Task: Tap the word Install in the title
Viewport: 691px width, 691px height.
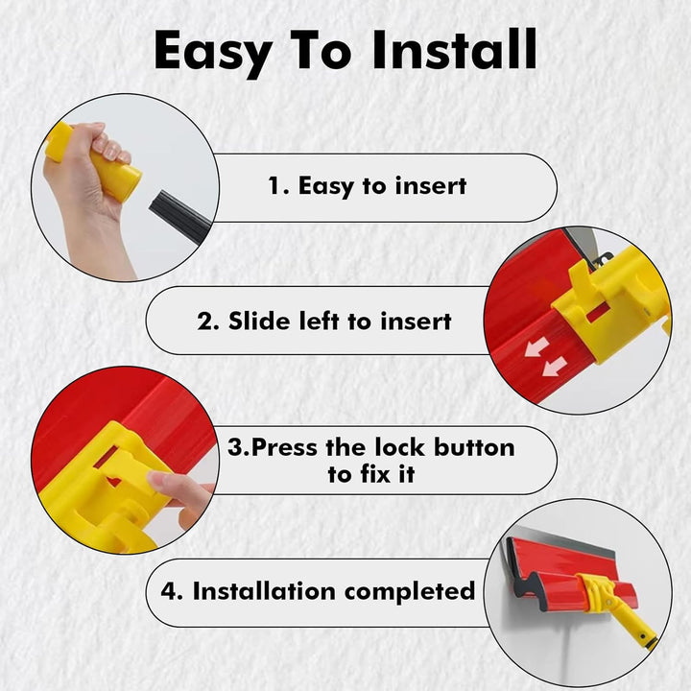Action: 454,49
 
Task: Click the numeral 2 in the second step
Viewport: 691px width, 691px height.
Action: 205,321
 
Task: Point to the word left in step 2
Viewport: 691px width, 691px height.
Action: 319,321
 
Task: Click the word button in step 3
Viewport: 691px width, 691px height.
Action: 474,447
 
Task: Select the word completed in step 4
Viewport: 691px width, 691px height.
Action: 410,592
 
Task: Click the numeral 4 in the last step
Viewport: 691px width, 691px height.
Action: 169,591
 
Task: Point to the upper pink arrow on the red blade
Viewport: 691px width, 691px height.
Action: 536,346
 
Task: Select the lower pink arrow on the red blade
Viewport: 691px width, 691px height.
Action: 554,367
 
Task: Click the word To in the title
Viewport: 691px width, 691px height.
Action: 321,50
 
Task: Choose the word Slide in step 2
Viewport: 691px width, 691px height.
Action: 259,321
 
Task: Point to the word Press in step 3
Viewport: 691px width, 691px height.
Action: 285,447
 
